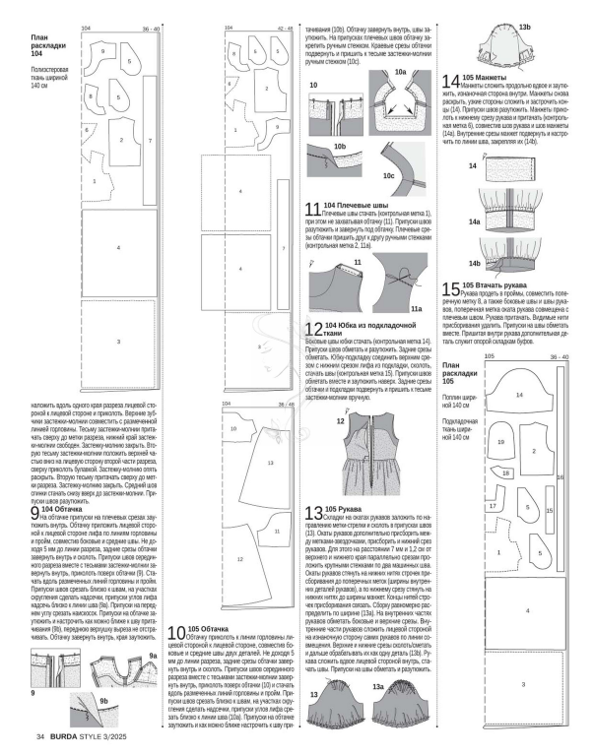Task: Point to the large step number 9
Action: coord(35,513)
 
